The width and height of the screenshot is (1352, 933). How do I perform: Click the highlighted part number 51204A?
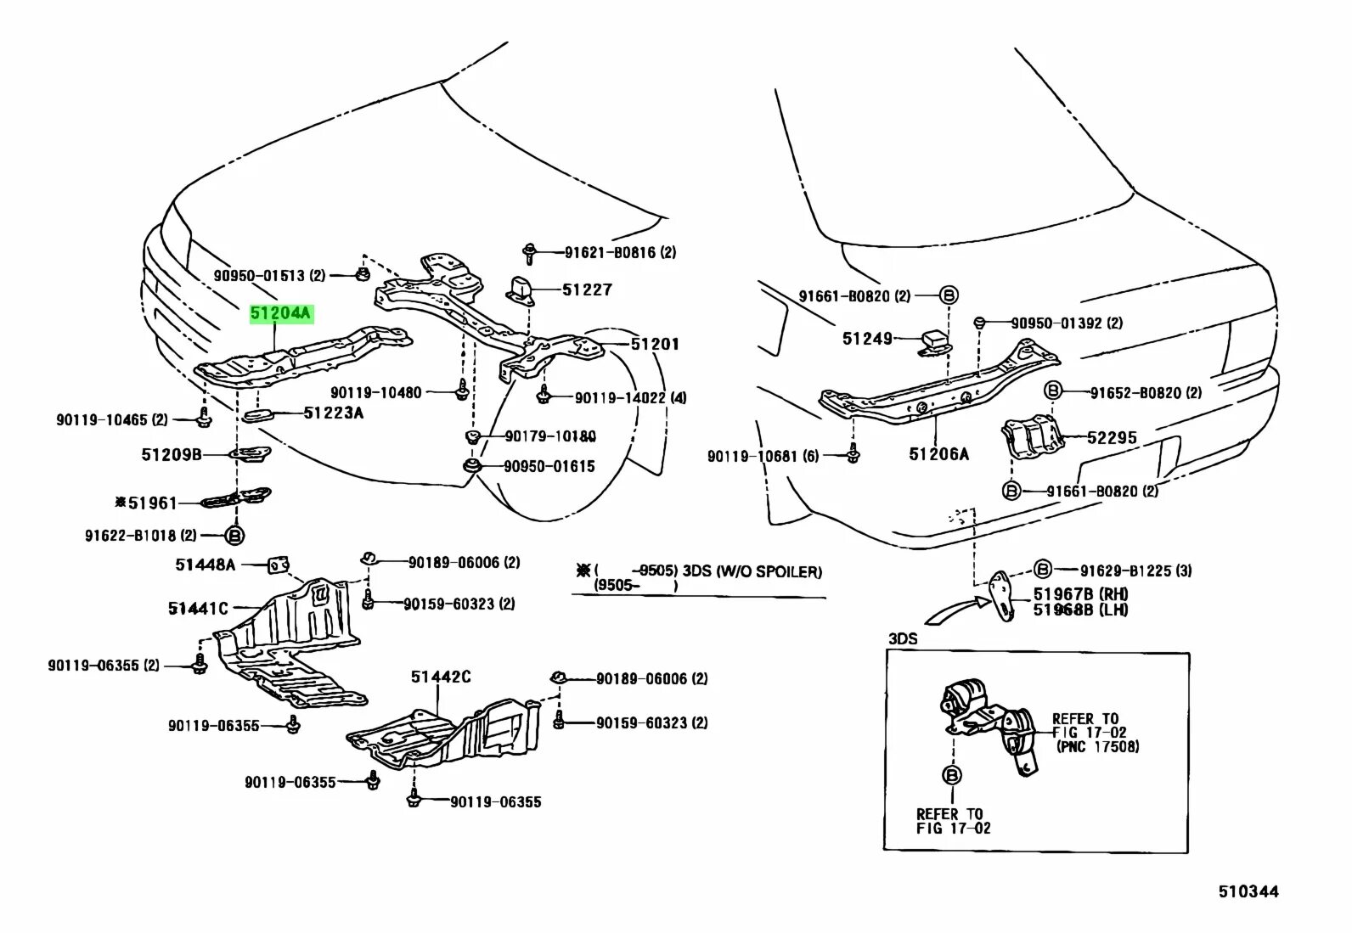tap(281, 314)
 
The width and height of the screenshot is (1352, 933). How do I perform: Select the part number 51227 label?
tap(587, 289)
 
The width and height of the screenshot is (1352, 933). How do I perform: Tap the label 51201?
tap(654, 344)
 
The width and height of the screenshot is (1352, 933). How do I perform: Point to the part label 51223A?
tap(333, 413)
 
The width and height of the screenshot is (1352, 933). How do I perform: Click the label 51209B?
tap(172, 455)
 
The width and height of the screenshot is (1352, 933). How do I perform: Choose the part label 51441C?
tap(198, 608)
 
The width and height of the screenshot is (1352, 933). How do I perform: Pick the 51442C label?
tap(441, 677)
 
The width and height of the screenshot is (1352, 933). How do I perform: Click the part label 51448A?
tap(206, 564)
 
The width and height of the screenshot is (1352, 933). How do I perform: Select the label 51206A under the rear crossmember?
tap(938, 454)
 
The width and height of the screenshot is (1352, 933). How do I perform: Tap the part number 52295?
tap(1112, 437)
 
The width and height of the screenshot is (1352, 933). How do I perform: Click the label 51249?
tap(867, 339)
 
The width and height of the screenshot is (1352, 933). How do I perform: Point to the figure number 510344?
tap(1248, 891)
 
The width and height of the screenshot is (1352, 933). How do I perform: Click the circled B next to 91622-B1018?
tap(235, 536)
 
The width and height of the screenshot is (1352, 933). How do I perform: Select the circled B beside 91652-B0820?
tap(1052, 391)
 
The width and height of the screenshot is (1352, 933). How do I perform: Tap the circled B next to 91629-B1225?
tap(1043, 570)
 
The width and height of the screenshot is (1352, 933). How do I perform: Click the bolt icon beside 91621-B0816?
tap(530, 250)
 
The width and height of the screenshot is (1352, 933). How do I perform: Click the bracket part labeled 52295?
tap(1034, 440)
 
